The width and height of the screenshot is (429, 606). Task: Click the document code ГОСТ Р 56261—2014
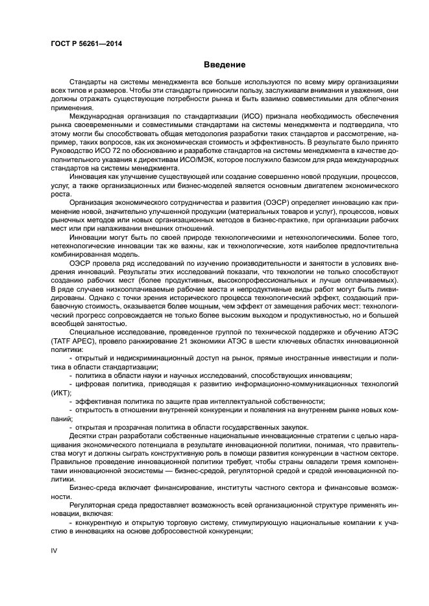tap(86, 43)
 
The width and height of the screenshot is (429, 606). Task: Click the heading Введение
tap(224, 65)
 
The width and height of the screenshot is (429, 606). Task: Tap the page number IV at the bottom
tap(54, 550)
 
